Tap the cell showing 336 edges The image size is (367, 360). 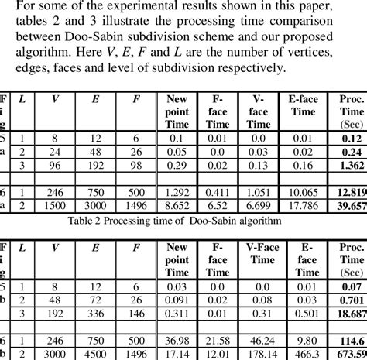pos(96,314)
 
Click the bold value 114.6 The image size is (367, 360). pos(350,340)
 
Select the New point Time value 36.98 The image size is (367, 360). pos(177,340)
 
